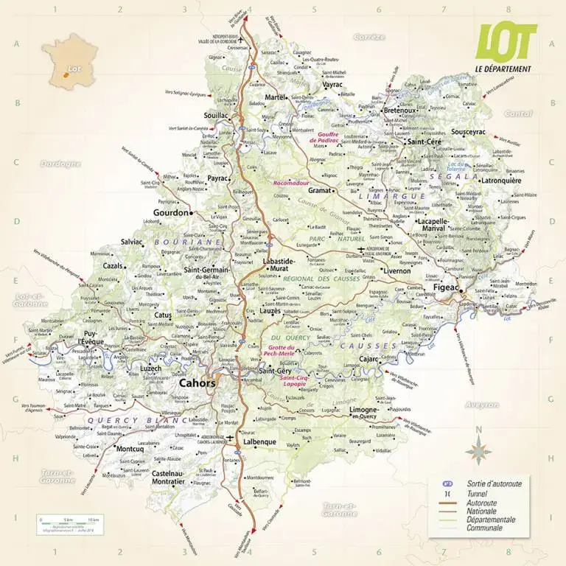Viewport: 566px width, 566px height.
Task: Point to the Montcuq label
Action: pyautogui.click(x=130, y=449)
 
